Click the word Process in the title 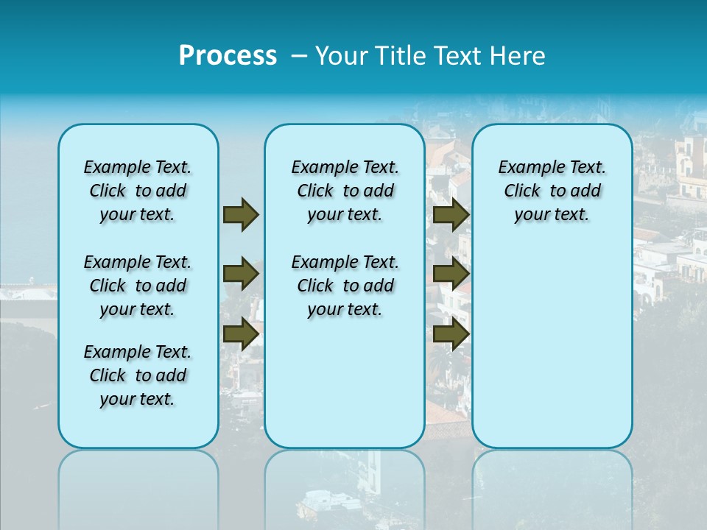click(x=228, y=55)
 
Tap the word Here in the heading click(x=518, y=55)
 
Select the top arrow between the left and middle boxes click(x=240, y=214)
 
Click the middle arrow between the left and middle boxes click(x=240, y=274)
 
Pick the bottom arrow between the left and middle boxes click(x=240, y=333)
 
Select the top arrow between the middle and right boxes click(x=451, y=214)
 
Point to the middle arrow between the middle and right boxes click(x=451, y=274)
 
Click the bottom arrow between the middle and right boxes click(x=451, y=333)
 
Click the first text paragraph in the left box click(x=138, y=191)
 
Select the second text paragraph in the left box click(x=138, y=286)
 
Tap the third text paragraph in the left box click(x=138, y=375)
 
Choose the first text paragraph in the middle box click(x=345, y=191)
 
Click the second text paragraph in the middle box click(x=345, y=286)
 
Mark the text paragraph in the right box click(x=552, y=191)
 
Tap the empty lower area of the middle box click(x=345, y=383)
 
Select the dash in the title click(x=299, y=55)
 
